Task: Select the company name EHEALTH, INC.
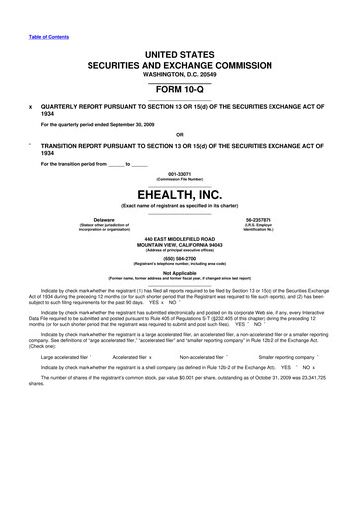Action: tap(180, 195)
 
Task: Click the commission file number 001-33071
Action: tap(180, 173)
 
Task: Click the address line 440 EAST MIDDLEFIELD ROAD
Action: tap(180, 240)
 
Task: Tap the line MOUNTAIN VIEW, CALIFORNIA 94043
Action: tap(180, 246)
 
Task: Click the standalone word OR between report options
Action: tap(179, 134)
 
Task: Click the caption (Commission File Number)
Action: tap(180, 179)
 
